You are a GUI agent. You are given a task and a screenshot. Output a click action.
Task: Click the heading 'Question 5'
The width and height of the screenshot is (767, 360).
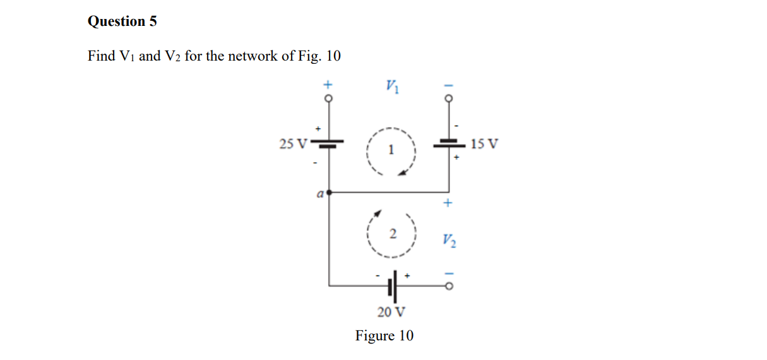click(x=122, y=21)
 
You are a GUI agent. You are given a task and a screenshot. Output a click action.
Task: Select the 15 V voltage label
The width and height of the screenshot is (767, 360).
click(x=484, y=144)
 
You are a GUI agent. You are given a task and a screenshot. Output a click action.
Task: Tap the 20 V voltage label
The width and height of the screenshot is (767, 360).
click(x=391, y=312)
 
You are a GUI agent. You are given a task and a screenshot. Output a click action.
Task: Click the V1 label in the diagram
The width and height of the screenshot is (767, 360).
click(x=391, y=87)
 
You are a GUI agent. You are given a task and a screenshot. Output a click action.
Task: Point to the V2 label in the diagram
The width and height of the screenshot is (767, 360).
click(x=449, y=241)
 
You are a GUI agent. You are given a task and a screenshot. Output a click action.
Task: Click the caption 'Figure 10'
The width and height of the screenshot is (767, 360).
click(x=384, y=335)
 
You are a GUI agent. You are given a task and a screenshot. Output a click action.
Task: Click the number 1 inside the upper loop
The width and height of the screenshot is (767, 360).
click(x=391, y=150)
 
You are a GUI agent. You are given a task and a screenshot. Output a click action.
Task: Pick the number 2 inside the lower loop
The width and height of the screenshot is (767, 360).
click(x=392, y=234)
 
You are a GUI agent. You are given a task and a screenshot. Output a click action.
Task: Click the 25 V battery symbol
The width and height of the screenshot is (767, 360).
click(x=328, y=143)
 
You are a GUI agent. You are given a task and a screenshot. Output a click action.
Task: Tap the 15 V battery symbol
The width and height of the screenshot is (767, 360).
click(x=449, y=144)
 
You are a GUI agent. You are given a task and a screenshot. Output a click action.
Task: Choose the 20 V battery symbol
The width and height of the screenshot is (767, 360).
click(x=393, y=286)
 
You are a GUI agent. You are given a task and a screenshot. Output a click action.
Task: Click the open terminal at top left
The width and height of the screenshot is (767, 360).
click(x=328, y=99)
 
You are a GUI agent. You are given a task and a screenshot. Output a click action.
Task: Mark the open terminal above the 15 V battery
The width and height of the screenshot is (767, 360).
click(x=449, y=99)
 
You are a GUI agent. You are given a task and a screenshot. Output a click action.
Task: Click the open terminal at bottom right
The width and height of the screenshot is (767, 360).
click(x=449, y=286)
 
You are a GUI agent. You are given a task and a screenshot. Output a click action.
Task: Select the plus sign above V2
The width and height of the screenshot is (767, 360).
click(x=448, y=203)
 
